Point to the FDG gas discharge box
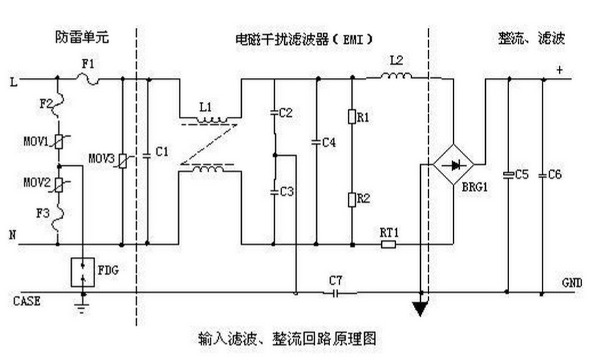coord(83,272)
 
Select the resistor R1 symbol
coord(352,117)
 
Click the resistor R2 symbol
coord(352,199)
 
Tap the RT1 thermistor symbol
coord(387,243)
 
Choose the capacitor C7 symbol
coord(335,294)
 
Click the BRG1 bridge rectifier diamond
coord(454,165)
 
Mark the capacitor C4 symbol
coord(316,142)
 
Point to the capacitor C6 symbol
coord(543,175)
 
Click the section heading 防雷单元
coord(83,39)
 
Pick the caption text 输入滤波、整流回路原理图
coord(287,338)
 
